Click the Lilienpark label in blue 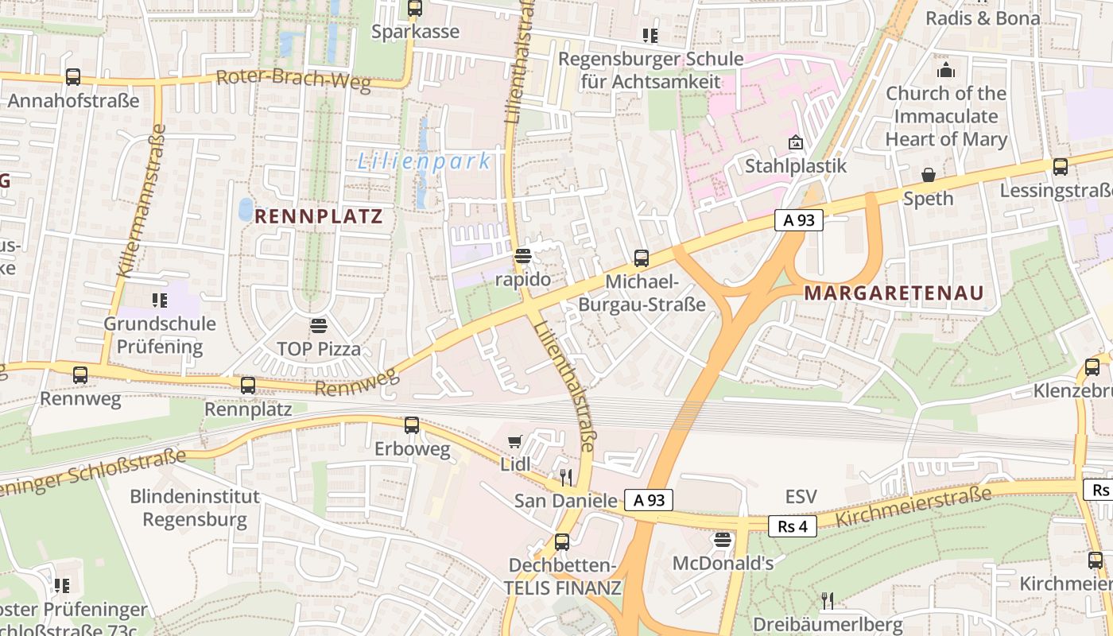coord(424,161)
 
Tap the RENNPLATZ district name coord(319,216)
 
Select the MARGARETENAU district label coord(894,293)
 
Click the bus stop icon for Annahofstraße coord(73,77)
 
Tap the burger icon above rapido coord(522,256)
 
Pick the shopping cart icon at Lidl coord(515,441)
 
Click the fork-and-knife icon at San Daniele coord(565,477)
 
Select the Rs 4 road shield coord(793,525)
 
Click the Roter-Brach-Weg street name coord(293,80)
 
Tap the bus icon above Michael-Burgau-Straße coord(642,258)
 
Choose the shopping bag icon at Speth coord(928,175)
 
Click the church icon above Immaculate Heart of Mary coord(945,70)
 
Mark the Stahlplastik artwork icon coord(795,142)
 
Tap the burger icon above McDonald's coord(723,541)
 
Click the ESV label coord(801,497)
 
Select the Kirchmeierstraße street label coord(913,508)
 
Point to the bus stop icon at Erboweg coord(412,425)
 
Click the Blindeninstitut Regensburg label coord(195,509)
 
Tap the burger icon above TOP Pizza coord(319,325)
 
